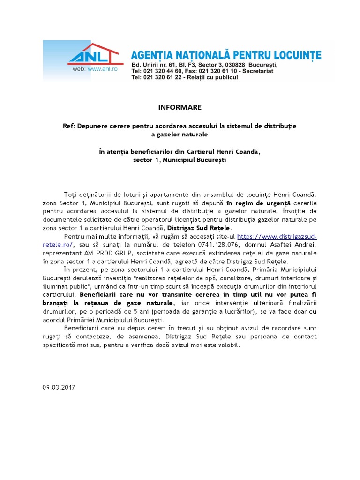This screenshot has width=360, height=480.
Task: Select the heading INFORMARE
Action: [x=180, y=107]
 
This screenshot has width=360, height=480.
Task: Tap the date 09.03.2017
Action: [x=59, y=387]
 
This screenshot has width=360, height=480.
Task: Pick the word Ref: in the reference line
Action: [x=69, y=126]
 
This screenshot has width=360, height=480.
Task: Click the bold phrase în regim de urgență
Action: [x=258, y=203]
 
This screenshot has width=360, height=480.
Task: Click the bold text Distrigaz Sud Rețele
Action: [x=202, y=227]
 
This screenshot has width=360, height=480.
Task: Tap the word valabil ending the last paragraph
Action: [x=227, y=345]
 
